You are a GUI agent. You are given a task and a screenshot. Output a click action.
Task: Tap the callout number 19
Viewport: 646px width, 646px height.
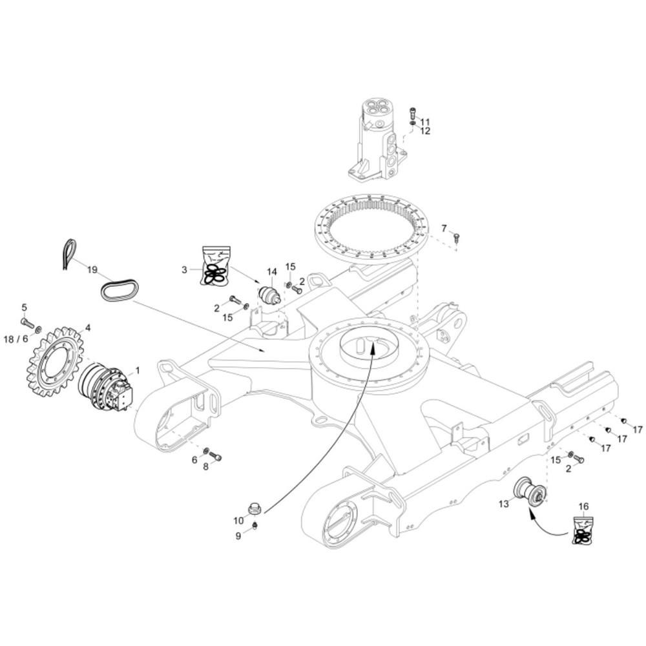[x=92, y=270]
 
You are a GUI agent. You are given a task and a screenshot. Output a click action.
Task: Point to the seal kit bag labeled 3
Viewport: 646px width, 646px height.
[x=216, y=266]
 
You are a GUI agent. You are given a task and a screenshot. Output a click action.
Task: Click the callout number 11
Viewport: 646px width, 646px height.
[x=425, y=122]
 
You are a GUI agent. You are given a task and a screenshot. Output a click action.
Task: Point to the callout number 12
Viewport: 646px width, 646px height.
[x=425, y=131]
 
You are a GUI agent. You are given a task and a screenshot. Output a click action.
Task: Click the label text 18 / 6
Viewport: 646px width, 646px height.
[x=16, y=339]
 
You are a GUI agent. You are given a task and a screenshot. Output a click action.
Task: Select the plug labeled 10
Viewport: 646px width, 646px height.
[x=255, y=509]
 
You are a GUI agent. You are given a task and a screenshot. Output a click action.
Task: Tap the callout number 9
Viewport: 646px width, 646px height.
[x=238, y=536]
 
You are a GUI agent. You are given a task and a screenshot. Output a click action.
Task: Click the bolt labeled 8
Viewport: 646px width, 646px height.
[x=215, y=455]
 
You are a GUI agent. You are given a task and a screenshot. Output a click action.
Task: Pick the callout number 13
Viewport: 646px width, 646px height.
[x=504, y=504]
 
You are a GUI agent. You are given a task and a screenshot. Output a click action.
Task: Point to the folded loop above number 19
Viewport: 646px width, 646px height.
[x=70, y=255]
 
